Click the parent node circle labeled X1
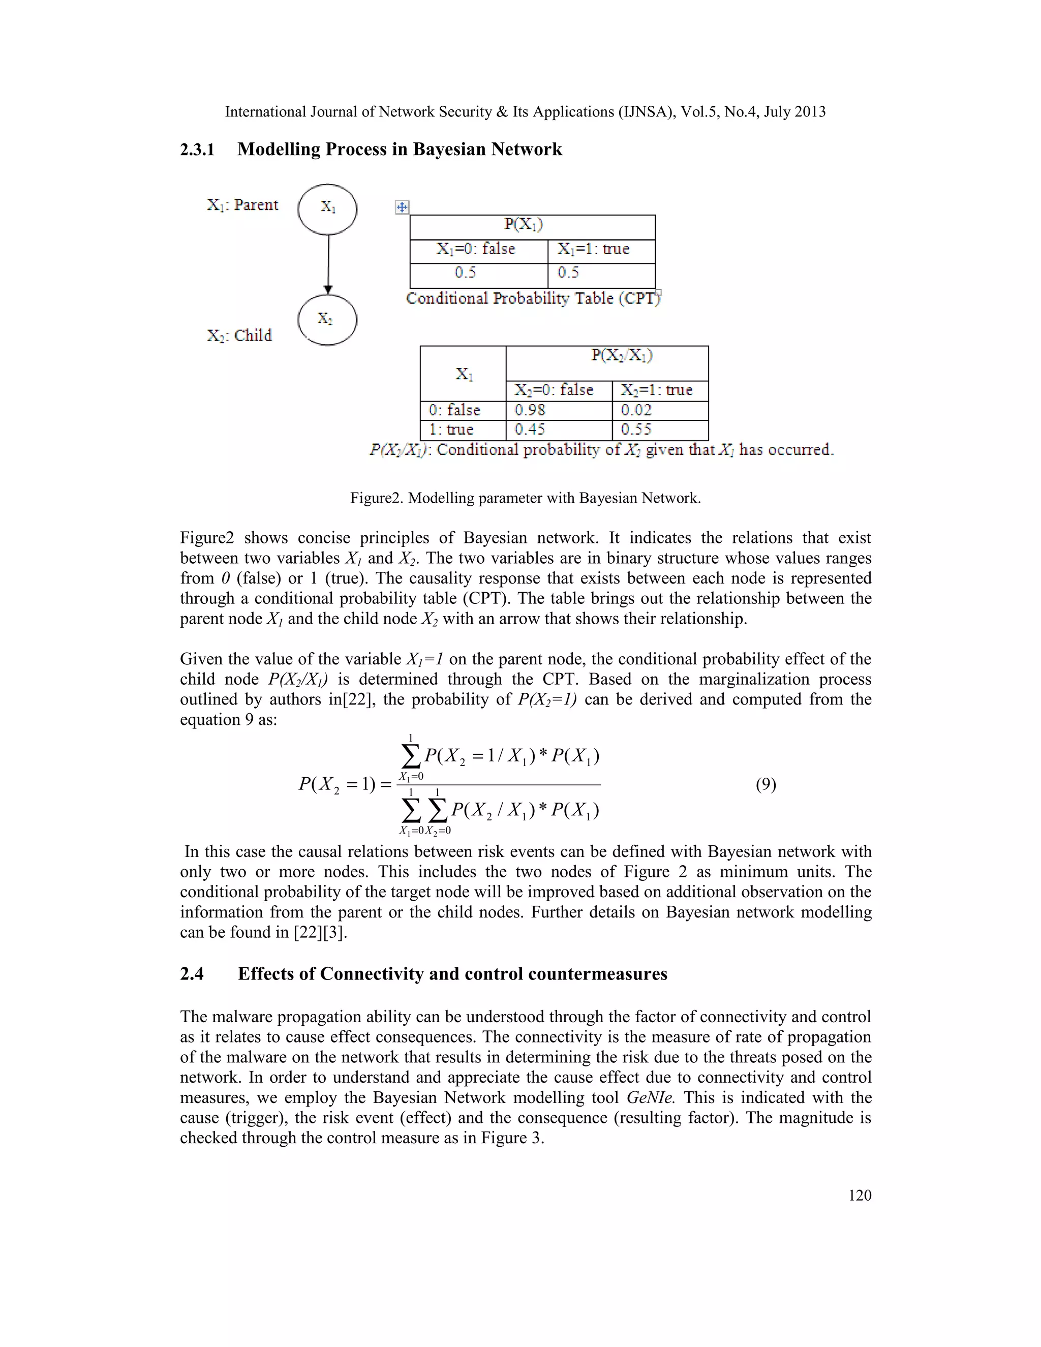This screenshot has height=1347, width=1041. coord(327,209)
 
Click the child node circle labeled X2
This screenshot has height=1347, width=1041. coord(327,320)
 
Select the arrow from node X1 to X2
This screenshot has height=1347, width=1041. coord(328,263)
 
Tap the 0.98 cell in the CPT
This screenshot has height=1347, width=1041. coord(558,410)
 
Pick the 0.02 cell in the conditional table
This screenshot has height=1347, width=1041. coord(659,410)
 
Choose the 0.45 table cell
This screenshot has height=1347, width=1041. coord(558,430)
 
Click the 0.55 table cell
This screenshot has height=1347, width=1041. coord(659,430)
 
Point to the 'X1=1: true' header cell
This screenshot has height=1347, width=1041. coord(601,250)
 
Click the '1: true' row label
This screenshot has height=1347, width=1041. coord(462,430)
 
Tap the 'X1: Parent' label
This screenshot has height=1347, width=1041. coord(242,205)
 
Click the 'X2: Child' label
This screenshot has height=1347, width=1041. coord(239,335)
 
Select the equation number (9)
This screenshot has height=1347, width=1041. coord(766,784)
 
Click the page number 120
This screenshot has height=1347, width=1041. coord(859,1196)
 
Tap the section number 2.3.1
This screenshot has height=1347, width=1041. coord(197,150)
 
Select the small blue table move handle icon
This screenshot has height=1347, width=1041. coord(402,207)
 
